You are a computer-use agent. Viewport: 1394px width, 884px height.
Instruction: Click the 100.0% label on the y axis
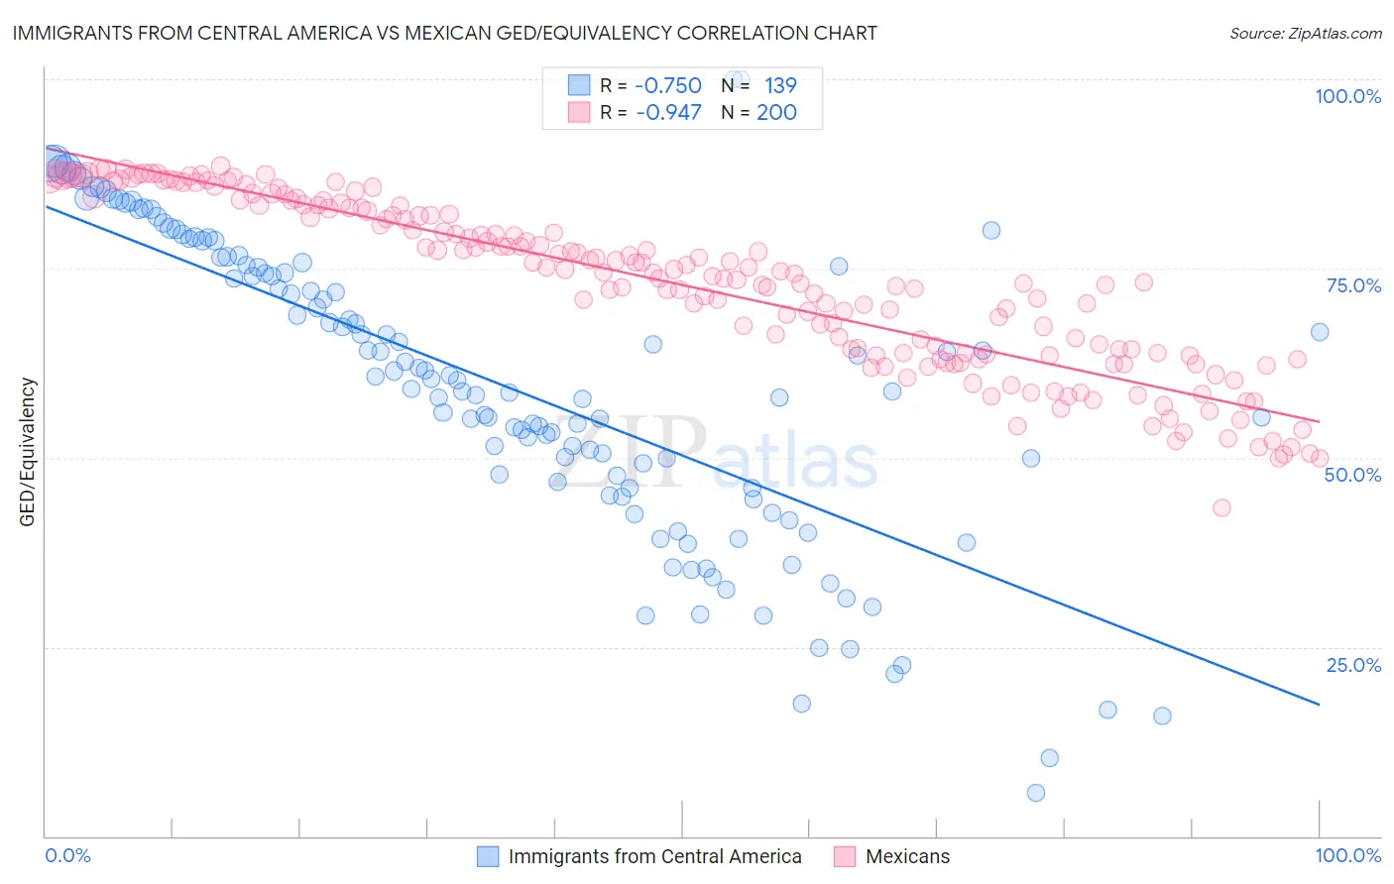click(1347, 96)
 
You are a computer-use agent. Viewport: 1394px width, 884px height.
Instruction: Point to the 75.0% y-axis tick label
click(1353, 285)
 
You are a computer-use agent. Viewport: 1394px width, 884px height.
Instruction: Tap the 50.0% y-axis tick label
click(1352, 475)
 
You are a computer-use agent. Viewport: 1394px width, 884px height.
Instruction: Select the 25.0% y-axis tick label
click(1353, 665)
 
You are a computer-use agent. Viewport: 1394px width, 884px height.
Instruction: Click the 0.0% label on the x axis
click(67, 855)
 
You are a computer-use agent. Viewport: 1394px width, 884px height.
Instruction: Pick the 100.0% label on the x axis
click(1347, 855)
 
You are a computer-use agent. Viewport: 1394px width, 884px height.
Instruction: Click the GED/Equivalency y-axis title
click(28, 452)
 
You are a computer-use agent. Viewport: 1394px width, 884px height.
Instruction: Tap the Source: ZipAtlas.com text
click(1305, 33)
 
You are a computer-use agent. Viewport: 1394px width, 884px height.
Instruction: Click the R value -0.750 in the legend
click(667, 85)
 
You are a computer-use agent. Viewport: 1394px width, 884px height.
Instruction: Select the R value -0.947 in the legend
click(667, 112)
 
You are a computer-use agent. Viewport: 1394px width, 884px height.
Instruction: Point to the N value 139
click(780, 85)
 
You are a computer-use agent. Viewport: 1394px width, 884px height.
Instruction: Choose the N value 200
click(776, 112)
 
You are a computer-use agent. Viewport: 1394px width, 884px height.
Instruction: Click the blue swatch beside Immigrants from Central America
click(488, 856)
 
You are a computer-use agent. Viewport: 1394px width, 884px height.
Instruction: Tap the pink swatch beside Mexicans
click(845, 856)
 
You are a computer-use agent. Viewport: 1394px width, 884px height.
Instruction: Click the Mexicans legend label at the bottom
click(907, 856)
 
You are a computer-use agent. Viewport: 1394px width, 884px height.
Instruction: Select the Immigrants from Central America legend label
click(654, 856)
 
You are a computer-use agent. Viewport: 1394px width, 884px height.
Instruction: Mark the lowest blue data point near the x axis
click(1036, 793)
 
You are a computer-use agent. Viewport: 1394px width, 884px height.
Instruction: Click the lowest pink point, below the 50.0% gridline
click(1221, 507)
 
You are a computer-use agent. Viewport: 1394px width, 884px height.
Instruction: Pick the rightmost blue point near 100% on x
click(1320, 332)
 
